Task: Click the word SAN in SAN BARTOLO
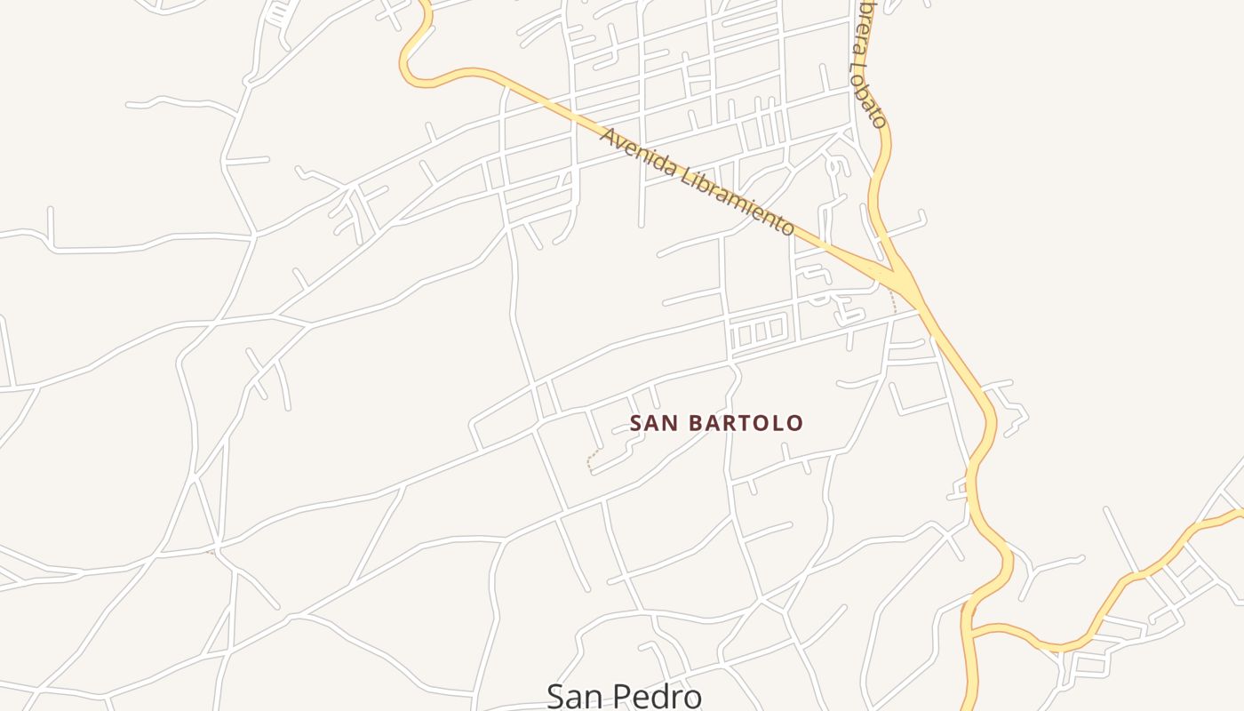click(652, 423)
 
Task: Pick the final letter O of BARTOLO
click(795, 423)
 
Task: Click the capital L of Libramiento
click(685, 173)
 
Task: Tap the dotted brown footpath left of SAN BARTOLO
click(592, 457)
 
